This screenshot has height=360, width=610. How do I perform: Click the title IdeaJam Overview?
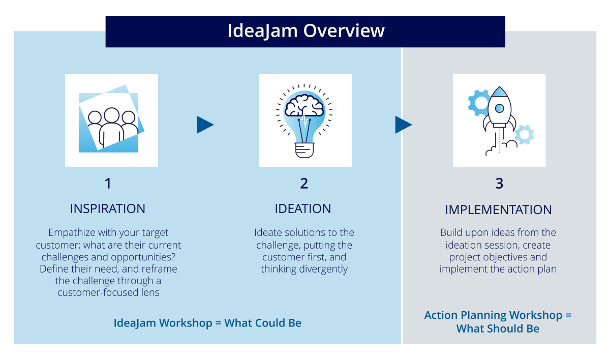tap(306, 31)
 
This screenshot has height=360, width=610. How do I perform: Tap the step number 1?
tap(108, 183)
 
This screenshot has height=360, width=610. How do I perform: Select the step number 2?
tap(304, 183)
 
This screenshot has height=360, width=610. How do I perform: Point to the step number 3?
tap(499, 183)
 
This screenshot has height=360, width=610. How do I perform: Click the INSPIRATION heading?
tap(108, 209)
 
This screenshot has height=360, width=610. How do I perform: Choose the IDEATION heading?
tap(303, 209)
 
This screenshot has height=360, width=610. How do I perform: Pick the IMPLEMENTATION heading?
tap(498, 209)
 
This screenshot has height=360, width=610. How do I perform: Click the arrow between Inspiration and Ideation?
tap(205, 125)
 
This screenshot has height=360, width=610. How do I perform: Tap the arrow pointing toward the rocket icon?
tap(403, 125)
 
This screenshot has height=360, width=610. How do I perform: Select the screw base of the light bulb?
tap(304, 150)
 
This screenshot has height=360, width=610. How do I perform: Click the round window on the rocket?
tap(499, 108)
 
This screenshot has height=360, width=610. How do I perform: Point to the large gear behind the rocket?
tap(478, 103)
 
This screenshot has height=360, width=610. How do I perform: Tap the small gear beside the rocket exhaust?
tap(524, 135)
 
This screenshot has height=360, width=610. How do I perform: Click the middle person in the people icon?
tap(112, 127)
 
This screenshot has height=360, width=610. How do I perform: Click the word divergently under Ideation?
tap(323, 269)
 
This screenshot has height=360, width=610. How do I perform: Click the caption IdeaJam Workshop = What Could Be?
tap(207, 323)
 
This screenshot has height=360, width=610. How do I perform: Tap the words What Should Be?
tap(498, 328)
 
